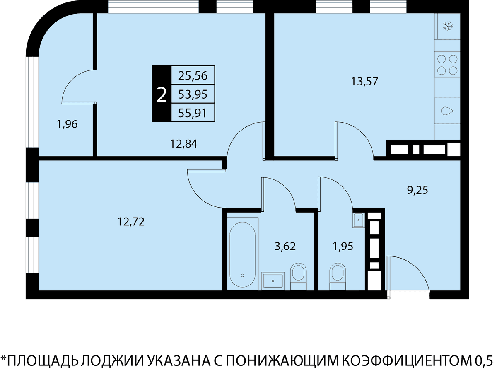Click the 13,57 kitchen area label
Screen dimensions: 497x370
click(x=364, y=81)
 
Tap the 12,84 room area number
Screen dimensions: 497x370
click(x=183, y=144)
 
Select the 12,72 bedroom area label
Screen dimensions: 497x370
click(x=131, y=222)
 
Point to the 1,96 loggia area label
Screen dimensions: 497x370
click(x=67, y=124)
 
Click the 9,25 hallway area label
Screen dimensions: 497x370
click(x=417, y=190)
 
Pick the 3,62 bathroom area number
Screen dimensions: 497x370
click(x=285, y=246)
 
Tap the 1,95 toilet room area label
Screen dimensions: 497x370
click(x=343, y=247)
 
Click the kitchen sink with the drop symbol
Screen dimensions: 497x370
click(x=447, y=111)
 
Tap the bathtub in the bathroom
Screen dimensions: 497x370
click(x=242, y=254)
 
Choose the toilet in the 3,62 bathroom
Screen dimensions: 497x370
click(x=298, y=277)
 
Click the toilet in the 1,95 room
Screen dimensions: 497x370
click(x=338, y=277)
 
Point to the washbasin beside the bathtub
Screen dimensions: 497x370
click(x=273, y=281)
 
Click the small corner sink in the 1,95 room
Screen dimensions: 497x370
click(x=359, y=220)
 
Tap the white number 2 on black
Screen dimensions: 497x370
click(x=162, y=95)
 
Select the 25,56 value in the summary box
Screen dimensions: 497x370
click(x=193, y=76)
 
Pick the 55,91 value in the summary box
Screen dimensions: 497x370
click(x=193, y=113)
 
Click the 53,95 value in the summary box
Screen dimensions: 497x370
click(x=193, y=94)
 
